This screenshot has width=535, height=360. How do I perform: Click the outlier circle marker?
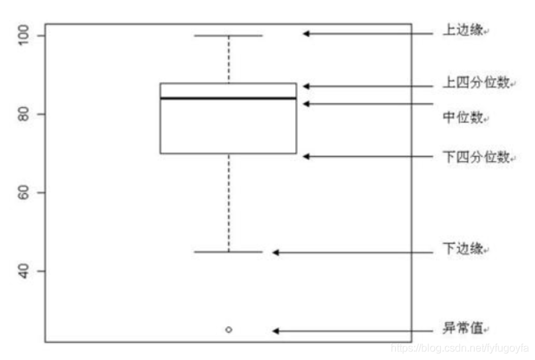pos(228,329)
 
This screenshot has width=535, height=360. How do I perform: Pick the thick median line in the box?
pos(228,98)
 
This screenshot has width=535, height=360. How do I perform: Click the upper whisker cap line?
pos(228,35)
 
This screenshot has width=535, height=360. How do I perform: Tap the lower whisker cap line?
pos(228,251)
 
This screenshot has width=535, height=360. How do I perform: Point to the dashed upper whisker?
pos(228,60)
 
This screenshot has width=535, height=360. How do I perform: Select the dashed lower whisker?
pos(228,202)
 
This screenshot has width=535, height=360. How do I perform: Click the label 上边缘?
pos(463,32)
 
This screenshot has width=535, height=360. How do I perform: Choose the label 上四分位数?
pos(476,83)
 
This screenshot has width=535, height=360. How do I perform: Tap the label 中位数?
pos(463,118)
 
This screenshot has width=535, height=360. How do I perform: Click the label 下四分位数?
pos(476,157)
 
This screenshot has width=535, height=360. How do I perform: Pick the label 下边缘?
pos(463,250)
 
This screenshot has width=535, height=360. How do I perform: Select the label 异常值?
pos(463,328)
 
